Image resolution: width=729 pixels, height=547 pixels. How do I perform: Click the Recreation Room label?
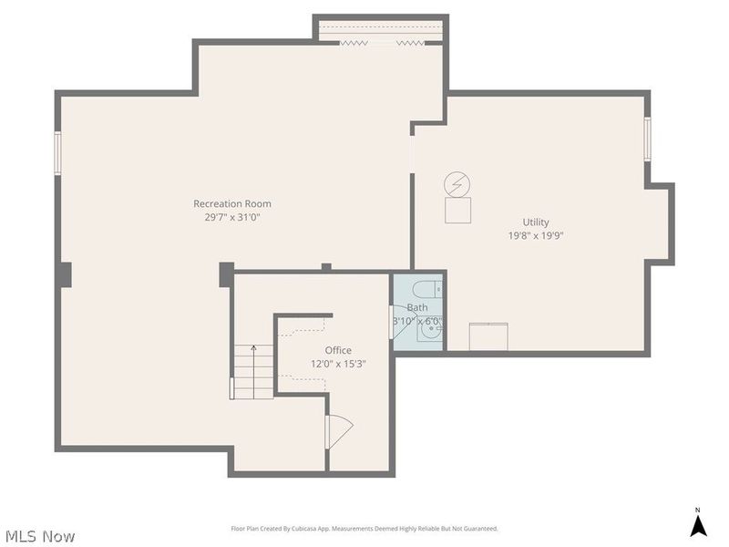click(x=231, y=203)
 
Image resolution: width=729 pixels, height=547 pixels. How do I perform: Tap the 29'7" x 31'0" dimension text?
click(x=231, y=217)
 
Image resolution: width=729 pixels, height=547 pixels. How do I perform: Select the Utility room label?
click(x=535, y=222)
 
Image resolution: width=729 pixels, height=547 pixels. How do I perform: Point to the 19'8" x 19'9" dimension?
click(x=535, y=235)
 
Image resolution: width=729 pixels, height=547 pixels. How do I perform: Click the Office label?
click(x=338, y=350)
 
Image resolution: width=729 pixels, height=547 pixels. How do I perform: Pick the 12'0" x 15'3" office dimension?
click(x=338, y=364)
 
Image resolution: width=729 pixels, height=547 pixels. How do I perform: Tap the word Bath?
click(x=416, y=308)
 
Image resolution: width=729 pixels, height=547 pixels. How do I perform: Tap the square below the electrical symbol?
click(x=457, y=211)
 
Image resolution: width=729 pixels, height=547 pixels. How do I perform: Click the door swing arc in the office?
click(x=339, y=429)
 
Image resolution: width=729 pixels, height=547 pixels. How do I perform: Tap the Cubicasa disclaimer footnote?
click(x=364, y=529)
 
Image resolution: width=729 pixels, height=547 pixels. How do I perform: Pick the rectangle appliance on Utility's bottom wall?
click(x=489, y=336)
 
